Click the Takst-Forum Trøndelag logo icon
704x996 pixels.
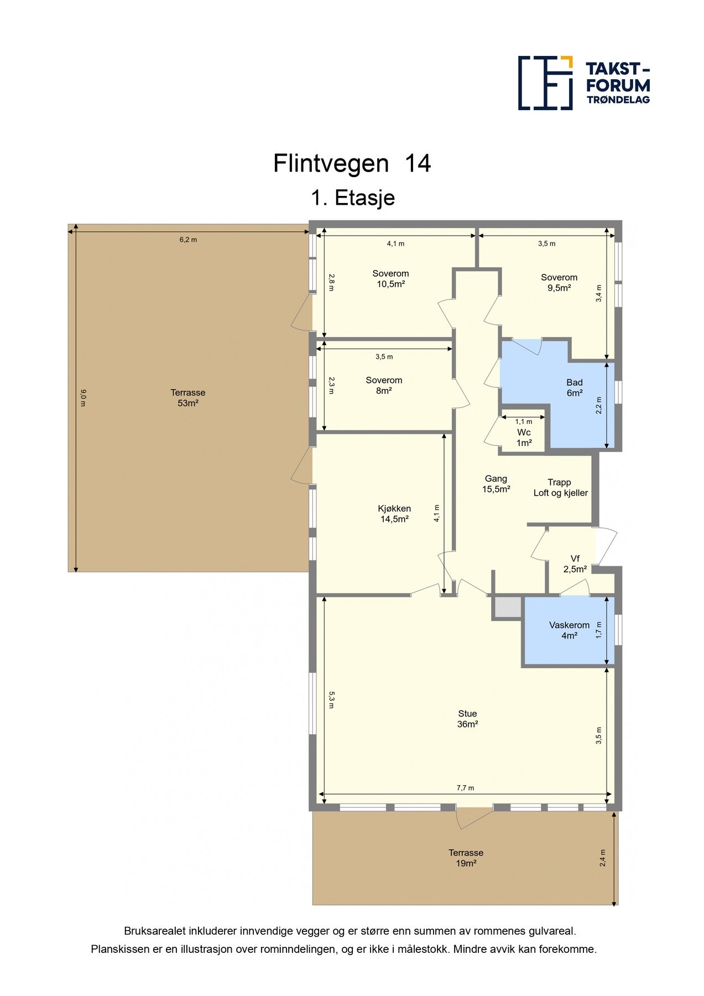(x=545, y=83)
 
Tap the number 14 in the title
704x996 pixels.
(x=418, y=164)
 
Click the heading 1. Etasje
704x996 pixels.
(x=352, y=198)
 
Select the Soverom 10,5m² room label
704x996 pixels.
(x=390, y=279)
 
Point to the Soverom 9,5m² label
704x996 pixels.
(x=559, y=283)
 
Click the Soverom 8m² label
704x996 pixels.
(x=384, y=385)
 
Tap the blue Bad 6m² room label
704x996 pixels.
(x=574, y=387)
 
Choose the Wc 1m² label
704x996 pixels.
(x=524, y=438)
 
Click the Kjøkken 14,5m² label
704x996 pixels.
(x=394, y=513)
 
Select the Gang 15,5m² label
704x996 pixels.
(x=496, y=484)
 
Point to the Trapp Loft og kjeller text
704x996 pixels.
(x=560, y=487)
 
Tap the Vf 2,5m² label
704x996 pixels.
(x=575, y=564)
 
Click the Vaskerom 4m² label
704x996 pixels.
(x=569, y=630)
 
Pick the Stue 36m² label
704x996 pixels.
(x=467, y=719)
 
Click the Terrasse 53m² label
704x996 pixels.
(x=188, y=398)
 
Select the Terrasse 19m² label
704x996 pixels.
(x=466, y=858)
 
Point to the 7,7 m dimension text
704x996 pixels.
(x=465, y=788)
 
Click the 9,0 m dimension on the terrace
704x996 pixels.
(x=84, y=398)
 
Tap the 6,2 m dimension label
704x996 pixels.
(x=188, y=240)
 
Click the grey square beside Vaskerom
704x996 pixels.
(x=508, y=608)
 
